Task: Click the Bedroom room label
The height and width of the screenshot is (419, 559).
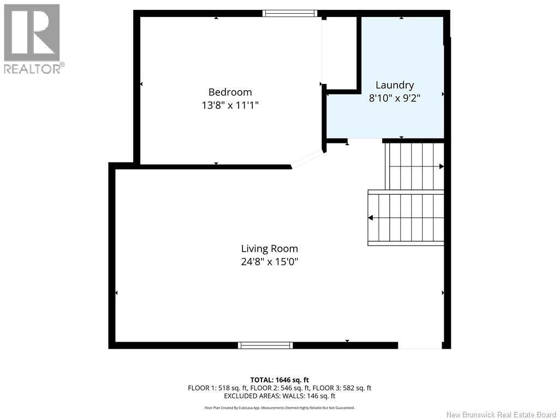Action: (x=230, y=92)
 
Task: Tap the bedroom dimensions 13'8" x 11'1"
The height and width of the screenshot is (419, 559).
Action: (x=230, y=105)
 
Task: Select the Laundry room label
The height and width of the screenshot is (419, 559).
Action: (x=395, y=85)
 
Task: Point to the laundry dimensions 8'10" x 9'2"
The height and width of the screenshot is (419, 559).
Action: (x=395, y=98)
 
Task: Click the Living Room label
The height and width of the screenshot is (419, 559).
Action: (x=270, y=249)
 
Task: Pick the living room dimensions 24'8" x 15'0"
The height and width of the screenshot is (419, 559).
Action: (x=270, y=262)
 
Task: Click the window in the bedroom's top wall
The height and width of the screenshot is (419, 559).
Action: (x=290, y=14)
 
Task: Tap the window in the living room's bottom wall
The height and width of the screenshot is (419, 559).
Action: (x=265, y=345)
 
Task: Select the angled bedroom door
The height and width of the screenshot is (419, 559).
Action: (x=307, y=159)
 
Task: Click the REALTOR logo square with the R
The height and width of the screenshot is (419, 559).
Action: (x=32, y=32)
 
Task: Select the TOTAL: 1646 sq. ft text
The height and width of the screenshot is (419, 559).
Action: (x=279, y=380)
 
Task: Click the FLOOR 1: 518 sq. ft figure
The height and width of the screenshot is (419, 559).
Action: (x=218, y=388)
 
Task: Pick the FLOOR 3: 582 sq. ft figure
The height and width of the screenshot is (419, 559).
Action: (x=342, y=388)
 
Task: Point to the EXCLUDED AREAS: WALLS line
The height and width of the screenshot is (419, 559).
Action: (x=279, y=396)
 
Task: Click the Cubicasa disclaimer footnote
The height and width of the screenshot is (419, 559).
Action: (x=279, y=408)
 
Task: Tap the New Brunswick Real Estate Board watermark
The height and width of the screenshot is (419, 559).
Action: (x=501, y=415)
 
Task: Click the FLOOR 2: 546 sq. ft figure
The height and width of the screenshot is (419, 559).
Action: (x=280, y=388)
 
